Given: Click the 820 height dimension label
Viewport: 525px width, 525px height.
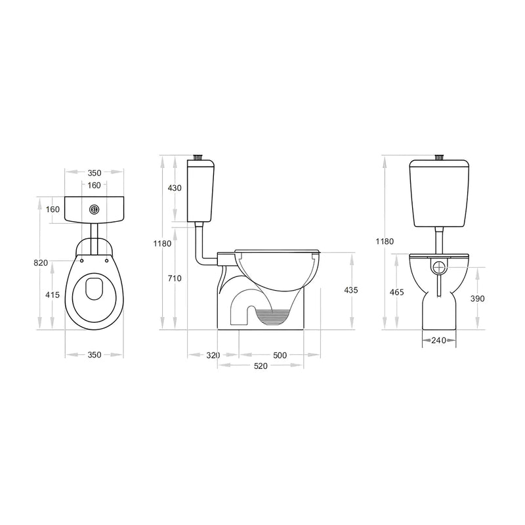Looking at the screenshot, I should point(41,262).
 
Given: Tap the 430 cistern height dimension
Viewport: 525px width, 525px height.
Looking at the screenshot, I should point(175,188).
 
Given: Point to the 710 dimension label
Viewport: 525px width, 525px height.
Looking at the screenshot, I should point(175,278).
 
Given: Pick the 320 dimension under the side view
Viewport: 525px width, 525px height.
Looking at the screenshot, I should point(213,355).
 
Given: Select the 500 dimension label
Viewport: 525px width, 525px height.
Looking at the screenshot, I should point(280,355).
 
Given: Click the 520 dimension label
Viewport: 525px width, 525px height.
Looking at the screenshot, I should point(261,366).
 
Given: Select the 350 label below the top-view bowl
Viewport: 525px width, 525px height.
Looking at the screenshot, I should point(94,355).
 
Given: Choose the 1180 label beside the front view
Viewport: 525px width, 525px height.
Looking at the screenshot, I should point(386,241).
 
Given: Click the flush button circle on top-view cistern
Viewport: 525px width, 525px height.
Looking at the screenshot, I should point(94,210).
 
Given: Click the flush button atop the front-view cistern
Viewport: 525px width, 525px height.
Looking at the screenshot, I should point(440,157).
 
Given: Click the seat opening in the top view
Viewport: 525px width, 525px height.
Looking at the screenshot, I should point(94,289).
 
